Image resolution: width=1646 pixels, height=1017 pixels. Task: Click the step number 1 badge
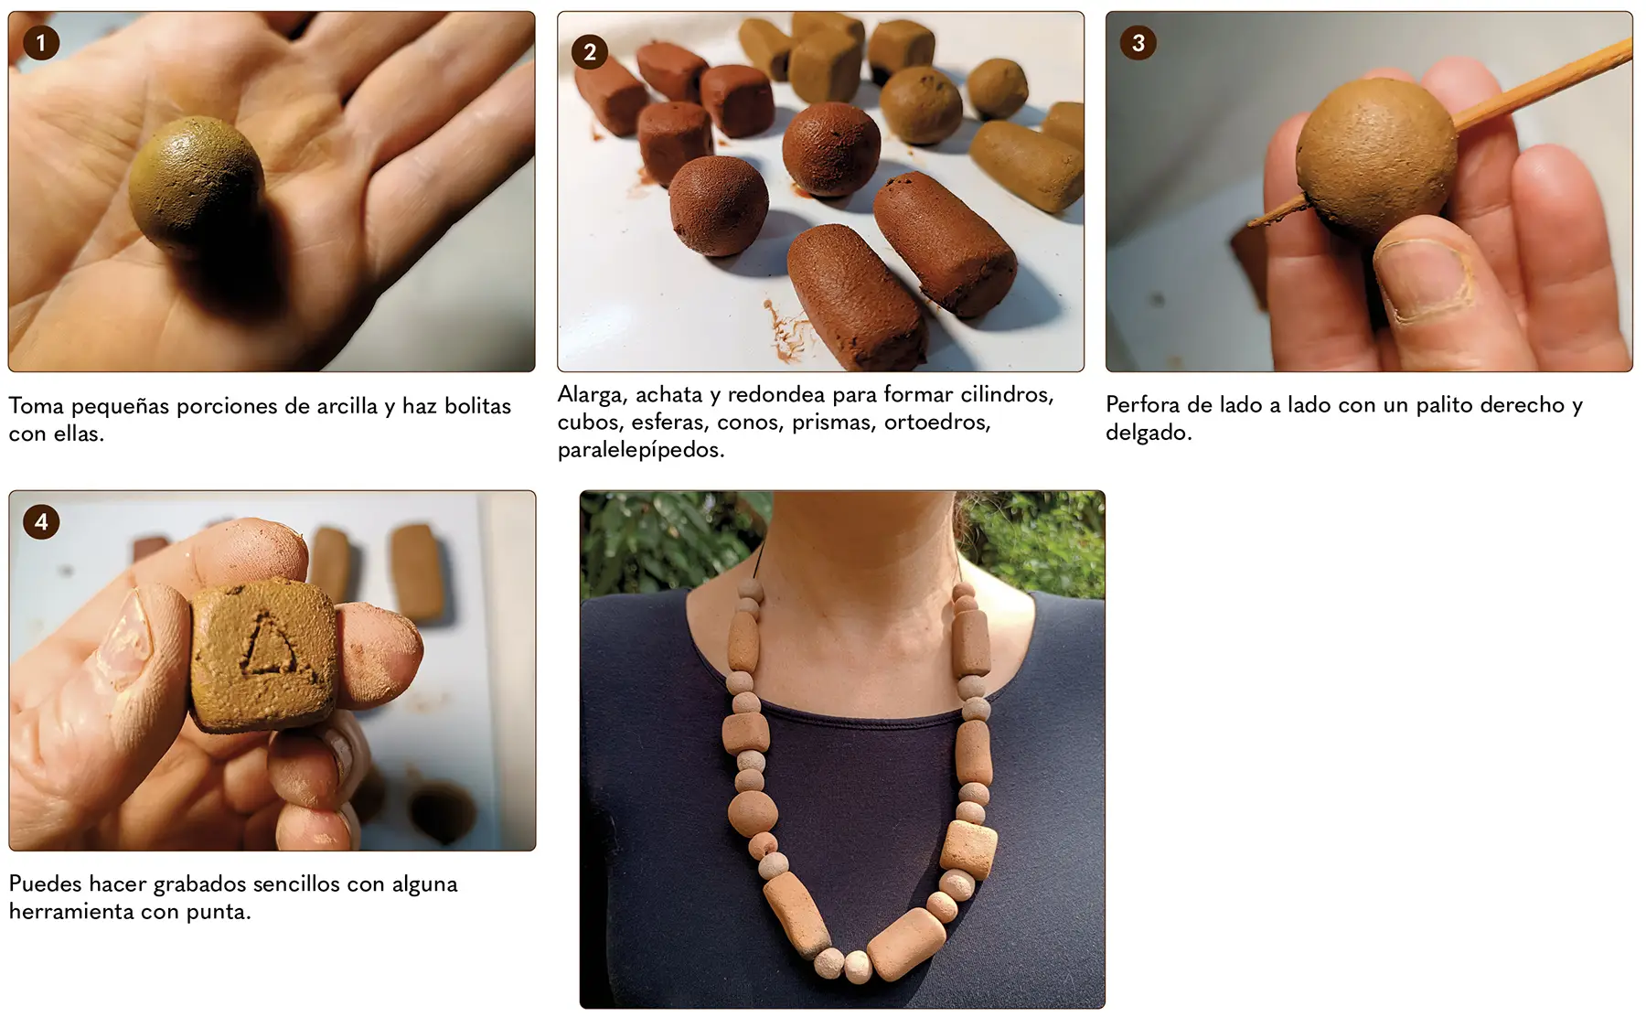pyautogui.click(x=40, y=43)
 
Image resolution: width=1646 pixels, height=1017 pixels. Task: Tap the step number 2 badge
pyautogui.click(x=590, y=52)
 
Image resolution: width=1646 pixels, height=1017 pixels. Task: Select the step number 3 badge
pyautogui.click(x=1138, y=43)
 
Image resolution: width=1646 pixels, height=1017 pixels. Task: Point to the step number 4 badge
pyautogui.click(x=41, y=522)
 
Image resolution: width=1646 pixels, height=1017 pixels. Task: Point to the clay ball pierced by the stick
pyautogui.click(x=1376, y=155)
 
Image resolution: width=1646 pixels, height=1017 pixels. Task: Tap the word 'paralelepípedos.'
pyautogui.click(x=641, y=450)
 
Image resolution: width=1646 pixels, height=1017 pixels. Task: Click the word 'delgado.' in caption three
pyautogui.click(x=1149, y=433)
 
